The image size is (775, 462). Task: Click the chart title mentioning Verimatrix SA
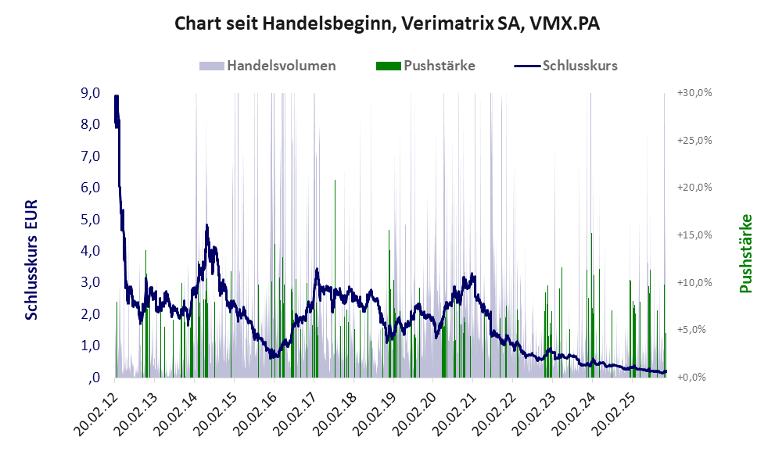click(387, 24)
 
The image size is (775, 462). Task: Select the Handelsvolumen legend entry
click(280, 66)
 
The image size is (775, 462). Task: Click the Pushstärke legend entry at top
click(439, 66)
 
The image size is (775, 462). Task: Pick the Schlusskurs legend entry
click(579, 66)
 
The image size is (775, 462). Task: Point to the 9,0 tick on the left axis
click(90, 93)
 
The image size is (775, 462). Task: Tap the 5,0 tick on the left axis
click(90, 219)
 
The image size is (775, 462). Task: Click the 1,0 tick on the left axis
click(90, 346)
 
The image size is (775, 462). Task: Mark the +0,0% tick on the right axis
click(694, 377)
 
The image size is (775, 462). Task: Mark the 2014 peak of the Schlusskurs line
click(207, 226)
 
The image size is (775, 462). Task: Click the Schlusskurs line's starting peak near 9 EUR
click(116, 98)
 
